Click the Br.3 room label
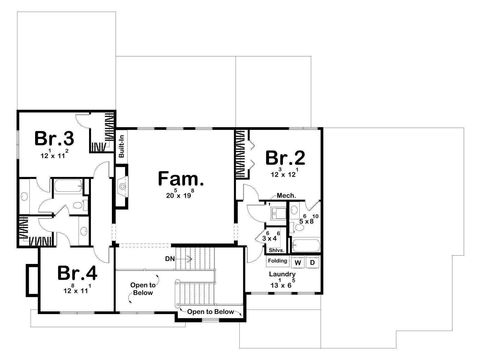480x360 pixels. [54, 138]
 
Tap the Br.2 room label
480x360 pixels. [285, 158]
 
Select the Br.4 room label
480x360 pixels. [77, 273]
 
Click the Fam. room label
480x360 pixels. [181, 178]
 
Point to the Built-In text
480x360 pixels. [121, 146]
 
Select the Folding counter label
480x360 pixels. [277, 260]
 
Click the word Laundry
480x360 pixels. [282, 274]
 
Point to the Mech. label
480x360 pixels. [286, 196]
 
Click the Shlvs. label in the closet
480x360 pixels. [276, 250]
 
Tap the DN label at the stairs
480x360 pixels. [170, 259]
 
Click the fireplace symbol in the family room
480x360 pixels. [123, 186]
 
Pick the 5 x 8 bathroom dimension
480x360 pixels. [309, 220]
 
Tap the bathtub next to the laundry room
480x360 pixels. [306, 246]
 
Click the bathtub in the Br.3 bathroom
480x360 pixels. [68, 186]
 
